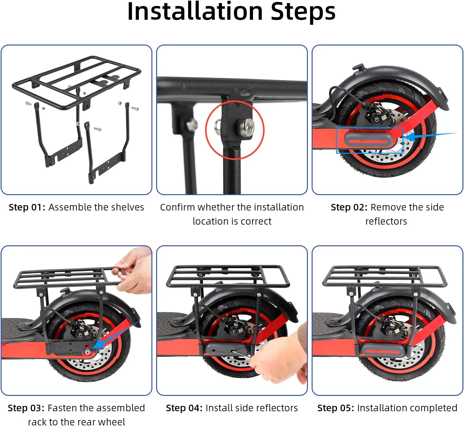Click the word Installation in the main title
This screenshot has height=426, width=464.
click(195, 12)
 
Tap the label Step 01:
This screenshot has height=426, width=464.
click(27, 207)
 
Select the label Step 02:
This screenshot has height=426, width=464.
click(349, 207)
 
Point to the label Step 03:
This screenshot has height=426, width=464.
click(26, 408)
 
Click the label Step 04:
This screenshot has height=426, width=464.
click(184, 408)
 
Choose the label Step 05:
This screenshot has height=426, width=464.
click(336, 408)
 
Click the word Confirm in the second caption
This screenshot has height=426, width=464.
click(177, 207)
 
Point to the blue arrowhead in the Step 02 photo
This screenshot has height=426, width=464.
click(411, 136)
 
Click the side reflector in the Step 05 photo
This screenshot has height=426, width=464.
click(382, 351)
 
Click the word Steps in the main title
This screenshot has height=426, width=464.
click(303, 12)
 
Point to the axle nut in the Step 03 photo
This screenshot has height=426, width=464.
click(87, 352)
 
